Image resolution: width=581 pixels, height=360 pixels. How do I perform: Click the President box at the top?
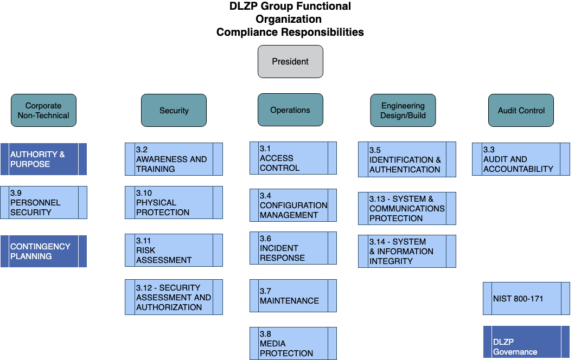point(290,61)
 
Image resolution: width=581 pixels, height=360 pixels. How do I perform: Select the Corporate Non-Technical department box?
point(43,110)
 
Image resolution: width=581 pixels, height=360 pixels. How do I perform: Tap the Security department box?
point(174,110)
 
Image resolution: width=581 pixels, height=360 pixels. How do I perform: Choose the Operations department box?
point(290,110)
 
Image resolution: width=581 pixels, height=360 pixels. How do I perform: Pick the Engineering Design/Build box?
point(403,110)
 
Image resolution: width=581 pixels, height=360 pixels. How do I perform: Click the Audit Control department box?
point(521,110)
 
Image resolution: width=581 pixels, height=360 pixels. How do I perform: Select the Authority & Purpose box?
point(43,159)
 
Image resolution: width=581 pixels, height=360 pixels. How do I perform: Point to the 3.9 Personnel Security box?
point(43,202)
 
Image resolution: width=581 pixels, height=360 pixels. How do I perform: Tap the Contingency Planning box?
point(43,251)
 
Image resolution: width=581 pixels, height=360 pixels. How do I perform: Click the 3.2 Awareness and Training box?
point(174,159)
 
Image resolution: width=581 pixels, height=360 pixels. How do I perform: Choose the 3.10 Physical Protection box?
point(174,202)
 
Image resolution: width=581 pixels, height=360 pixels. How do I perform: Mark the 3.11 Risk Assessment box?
point(174,250)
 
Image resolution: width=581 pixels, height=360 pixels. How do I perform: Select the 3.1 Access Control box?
point(293,158)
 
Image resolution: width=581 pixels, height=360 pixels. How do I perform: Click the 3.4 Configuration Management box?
point(293,205)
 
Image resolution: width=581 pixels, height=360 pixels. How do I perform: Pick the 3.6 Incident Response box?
point(293,248)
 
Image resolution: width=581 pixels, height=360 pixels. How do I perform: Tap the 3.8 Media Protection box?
point(293,343)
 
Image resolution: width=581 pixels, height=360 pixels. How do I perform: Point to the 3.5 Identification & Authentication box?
point(407,159)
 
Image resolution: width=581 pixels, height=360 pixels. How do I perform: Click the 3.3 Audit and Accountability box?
point(521,159)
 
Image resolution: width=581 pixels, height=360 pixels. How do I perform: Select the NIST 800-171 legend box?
point(526,298)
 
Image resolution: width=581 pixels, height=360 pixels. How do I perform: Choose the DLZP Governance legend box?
point(526,342)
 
